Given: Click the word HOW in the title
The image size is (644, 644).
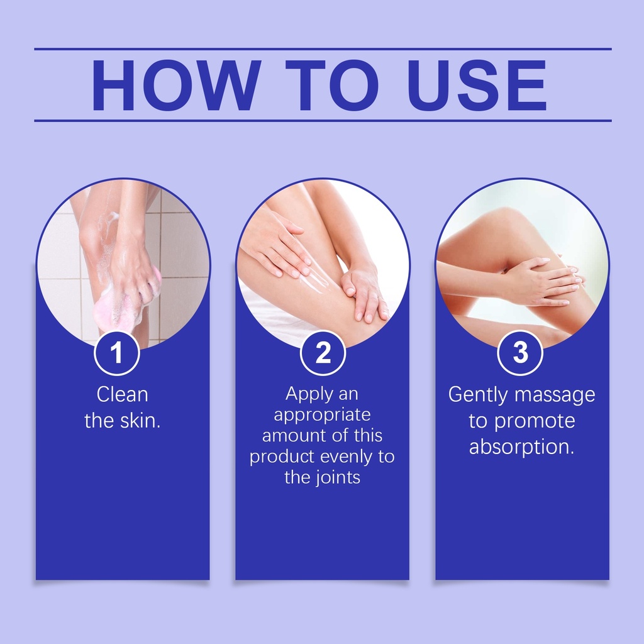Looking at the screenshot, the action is pos(176,85).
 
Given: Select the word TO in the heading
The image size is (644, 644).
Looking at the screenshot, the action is pos(332,85).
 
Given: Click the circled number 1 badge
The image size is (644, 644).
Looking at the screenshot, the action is pos(117,352).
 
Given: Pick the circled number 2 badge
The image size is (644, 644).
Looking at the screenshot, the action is pos(323,352).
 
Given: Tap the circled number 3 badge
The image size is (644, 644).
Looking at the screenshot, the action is pos(520,352).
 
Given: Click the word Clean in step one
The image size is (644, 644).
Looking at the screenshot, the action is pos(123,395).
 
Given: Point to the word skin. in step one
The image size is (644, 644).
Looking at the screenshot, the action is pos(140,421).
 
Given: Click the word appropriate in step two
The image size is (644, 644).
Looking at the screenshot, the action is pos(323,415).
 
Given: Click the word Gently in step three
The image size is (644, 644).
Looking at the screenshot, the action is pos(478,395).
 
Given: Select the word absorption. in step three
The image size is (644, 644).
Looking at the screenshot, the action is pos(521,447).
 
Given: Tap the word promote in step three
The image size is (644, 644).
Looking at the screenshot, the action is pos(535,421).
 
